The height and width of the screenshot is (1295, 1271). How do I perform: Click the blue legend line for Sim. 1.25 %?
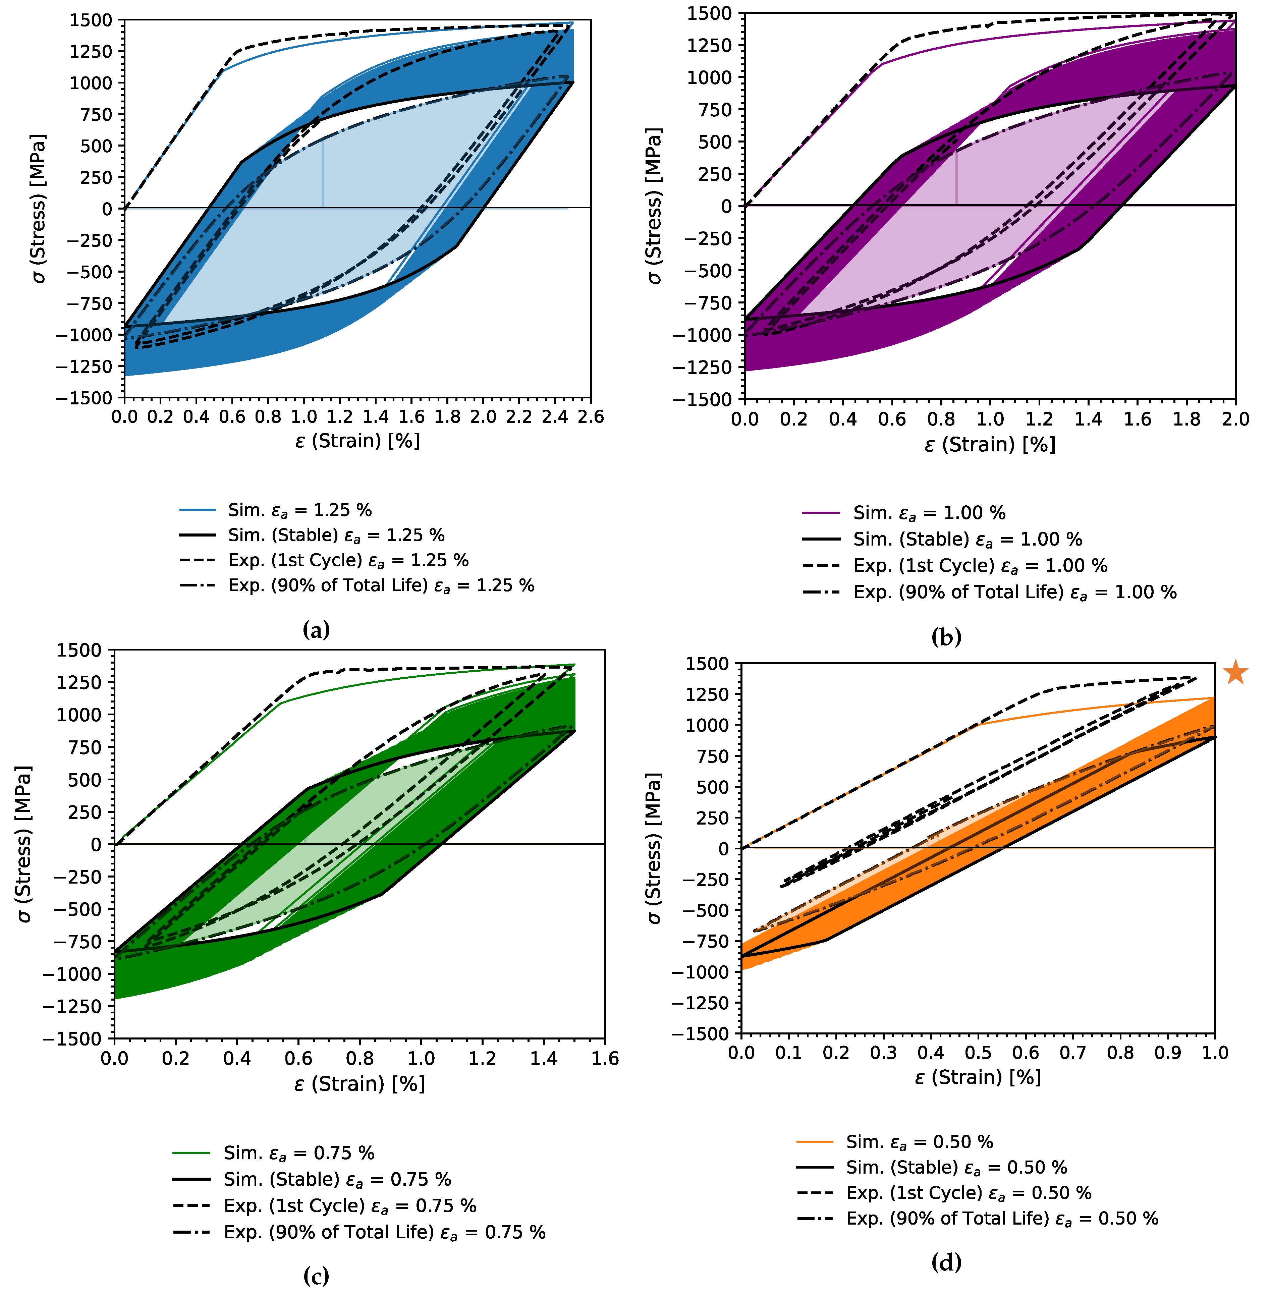point(198,510)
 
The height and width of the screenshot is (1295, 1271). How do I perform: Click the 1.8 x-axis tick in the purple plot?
point(1186,419)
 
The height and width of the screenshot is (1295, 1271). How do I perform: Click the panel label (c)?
point(316,1276)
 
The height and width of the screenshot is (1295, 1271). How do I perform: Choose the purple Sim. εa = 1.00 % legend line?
point(820,513)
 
